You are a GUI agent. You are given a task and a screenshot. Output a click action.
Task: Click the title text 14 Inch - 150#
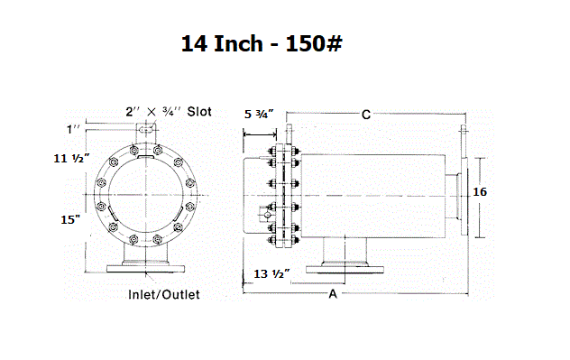[x=262, y=43]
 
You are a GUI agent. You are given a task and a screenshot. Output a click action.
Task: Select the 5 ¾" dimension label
[x=259, y=115]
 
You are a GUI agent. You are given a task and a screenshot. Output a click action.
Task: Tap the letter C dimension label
[x=366, y=115]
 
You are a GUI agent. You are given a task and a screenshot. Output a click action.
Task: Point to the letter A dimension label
[x=333, y=294]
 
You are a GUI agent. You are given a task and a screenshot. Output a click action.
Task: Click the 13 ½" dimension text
[x=271, y=273]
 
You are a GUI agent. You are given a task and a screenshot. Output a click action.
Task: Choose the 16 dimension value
[x=480, y=191]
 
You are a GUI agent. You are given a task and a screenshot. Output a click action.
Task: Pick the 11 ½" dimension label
[x=71, y=158]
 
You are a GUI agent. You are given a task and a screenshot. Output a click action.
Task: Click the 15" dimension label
[x=70, y=219]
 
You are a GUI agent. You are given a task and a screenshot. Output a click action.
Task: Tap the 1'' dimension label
[x=73, y=129]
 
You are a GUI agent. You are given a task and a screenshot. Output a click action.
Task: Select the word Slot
[x=199, y=112]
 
